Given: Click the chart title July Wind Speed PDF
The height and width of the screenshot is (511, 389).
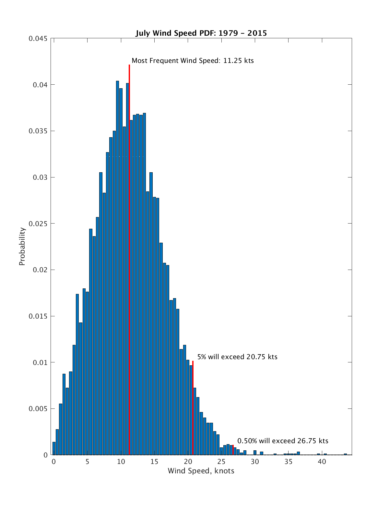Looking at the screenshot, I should [x=201, y=33].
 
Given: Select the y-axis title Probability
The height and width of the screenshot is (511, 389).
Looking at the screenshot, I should [x=22, y=246].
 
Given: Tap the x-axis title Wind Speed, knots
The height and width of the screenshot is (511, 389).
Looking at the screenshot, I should [x=201, y=471].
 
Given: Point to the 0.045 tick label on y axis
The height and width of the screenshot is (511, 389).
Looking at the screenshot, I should [x=38, y=39].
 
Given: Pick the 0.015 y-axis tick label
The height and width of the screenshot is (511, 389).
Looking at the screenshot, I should [x=38, y=316].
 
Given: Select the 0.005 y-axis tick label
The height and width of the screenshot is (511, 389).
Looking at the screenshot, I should [x=38, y=409].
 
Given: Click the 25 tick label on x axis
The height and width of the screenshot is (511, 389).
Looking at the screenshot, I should [x=221, y=462].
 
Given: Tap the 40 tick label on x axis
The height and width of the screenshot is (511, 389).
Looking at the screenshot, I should [x=322, y=462].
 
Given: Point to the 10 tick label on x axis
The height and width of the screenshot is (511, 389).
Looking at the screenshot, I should [x=121, y=462].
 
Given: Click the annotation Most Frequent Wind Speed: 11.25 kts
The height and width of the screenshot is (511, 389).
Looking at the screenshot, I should [x=193, y=61].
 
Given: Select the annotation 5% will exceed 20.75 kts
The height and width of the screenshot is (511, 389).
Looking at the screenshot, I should [x=237, y=357].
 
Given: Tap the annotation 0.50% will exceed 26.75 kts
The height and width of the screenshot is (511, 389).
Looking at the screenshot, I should [x=283, y=441].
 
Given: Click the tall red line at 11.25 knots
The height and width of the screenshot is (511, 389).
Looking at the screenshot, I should [x=129, y=227].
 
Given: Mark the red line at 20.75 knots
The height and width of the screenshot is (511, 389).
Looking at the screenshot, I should [x=193, y=406].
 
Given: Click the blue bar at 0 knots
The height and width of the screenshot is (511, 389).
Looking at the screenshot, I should [x=54, y=448].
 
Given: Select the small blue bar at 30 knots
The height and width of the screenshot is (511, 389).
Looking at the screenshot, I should [x=255, y=453].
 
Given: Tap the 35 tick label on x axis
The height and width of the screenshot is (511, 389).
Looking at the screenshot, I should [x=289, y=462].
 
